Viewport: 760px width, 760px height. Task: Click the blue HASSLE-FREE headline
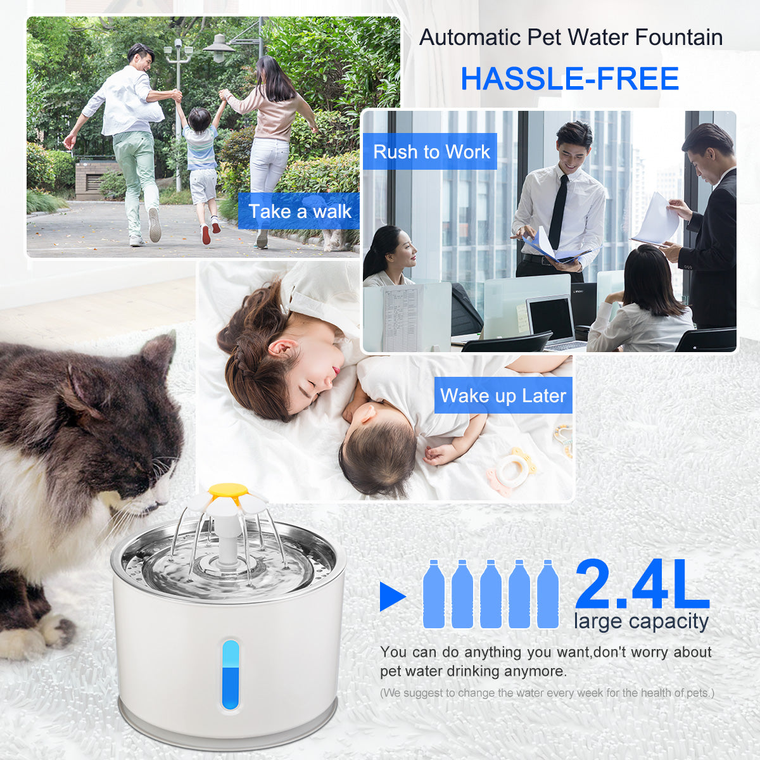569,79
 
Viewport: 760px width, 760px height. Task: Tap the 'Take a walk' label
299,212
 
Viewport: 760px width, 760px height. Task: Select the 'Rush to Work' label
431,152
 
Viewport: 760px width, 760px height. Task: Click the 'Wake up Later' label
503,396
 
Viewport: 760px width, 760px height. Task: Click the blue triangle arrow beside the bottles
391,596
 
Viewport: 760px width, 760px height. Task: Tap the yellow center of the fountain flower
228,490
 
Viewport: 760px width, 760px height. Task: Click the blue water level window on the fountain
231,674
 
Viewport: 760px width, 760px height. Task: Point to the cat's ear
158,355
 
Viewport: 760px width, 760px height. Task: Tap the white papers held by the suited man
656,220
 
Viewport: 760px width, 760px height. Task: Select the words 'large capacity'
641,621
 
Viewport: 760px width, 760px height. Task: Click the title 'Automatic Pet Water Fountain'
571,37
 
